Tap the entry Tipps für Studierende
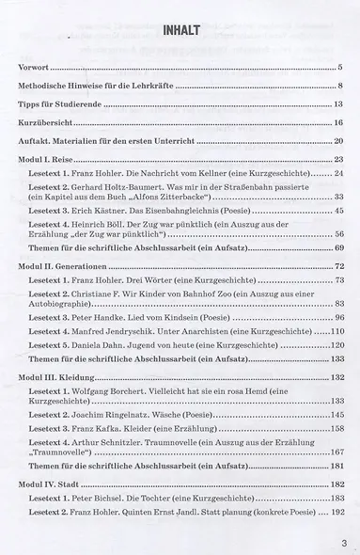(63, 103)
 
